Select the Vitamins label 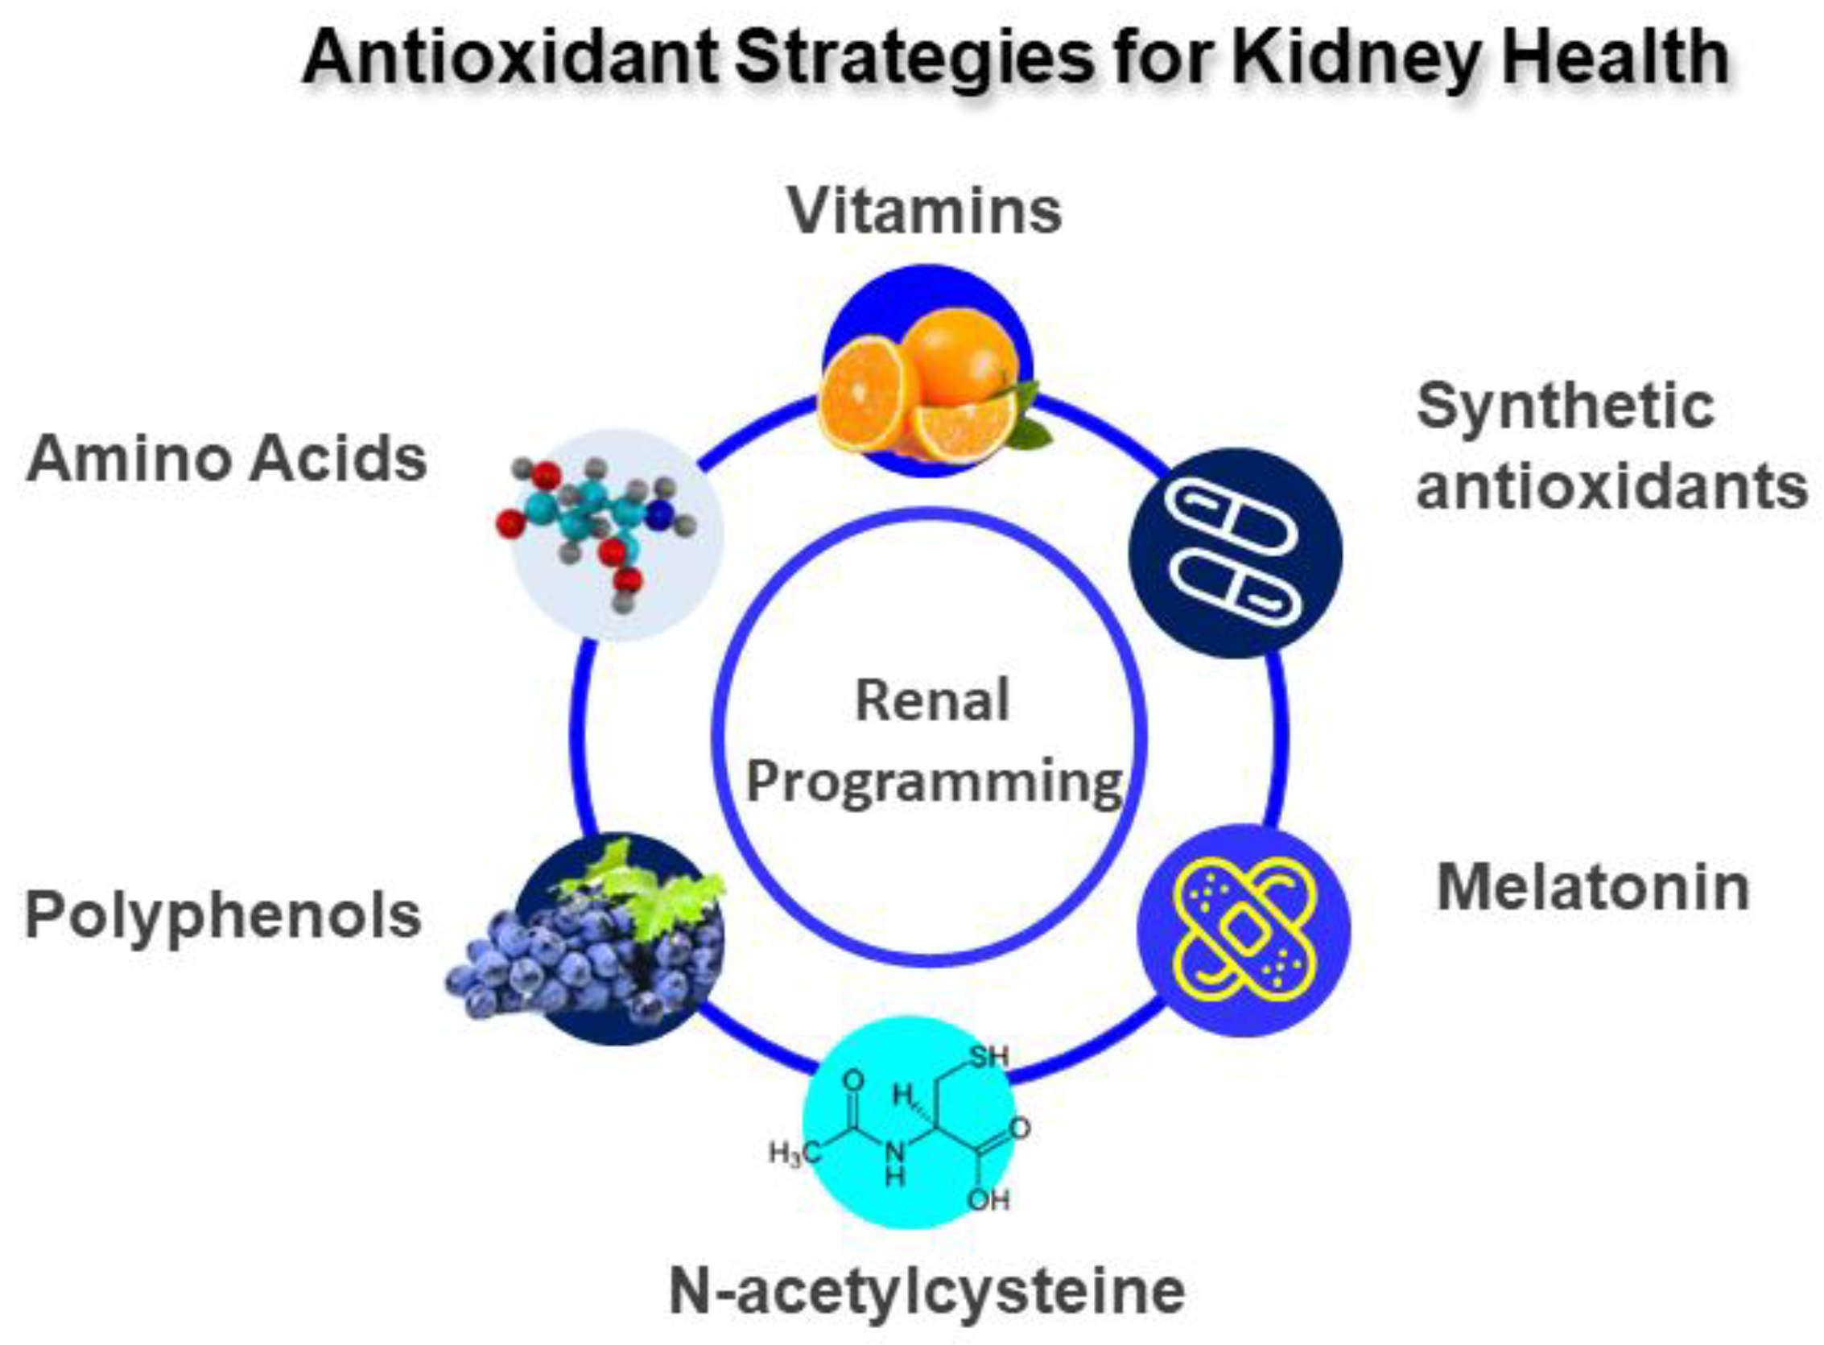(924, 211)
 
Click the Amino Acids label (226, 459)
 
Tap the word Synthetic (1565, 406)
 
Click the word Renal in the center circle (931, 701)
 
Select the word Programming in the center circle (933, 782)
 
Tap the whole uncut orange (962, 358)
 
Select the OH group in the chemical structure (988, 1200)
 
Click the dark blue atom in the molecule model (660, 514)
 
